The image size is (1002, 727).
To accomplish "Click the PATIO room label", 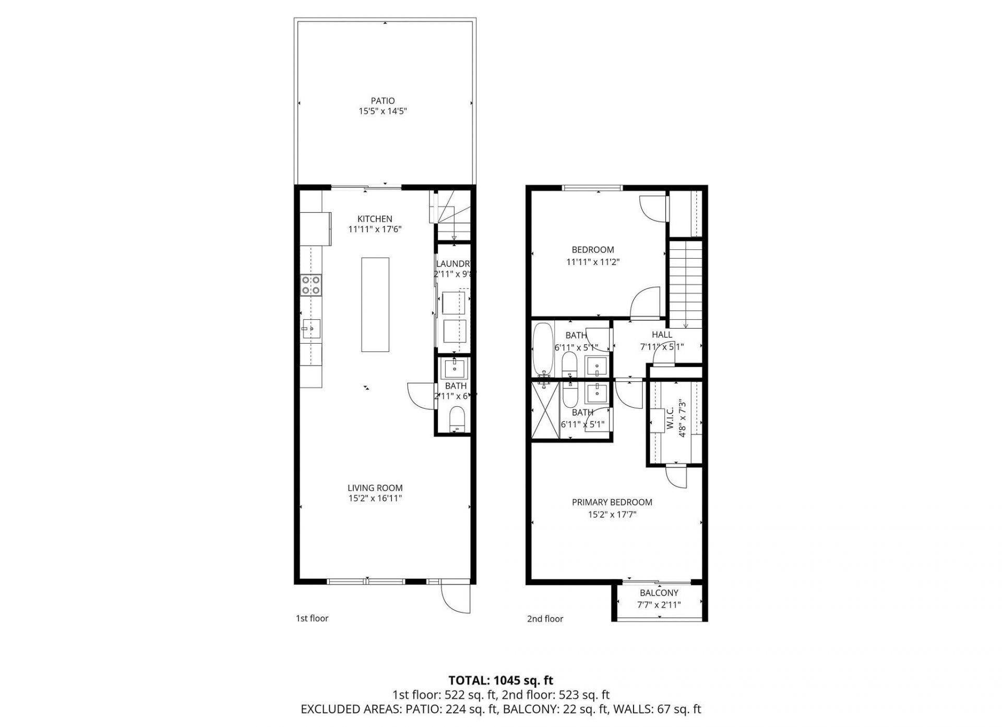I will [383, 101].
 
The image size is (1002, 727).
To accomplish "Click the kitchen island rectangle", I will [375, 305].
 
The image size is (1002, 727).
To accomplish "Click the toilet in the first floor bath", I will [457, 419].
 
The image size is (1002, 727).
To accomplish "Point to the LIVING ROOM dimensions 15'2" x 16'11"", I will [375, 499].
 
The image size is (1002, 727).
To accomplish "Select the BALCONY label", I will [659, 593].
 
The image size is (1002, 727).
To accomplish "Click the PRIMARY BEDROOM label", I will [612, 502].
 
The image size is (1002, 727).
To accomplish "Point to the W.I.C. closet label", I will [670, 418].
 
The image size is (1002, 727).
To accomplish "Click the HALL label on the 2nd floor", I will [662, 335].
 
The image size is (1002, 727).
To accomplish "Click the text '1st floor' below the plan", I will [312, 619].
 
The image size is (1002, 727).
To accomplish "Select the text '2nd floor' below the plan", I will [545, 619].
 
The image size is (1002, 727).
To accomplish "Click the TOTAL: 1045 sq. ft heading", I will [500, 680].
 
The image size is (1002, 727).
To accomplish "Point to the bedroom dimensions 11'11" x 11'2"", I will [592, 262].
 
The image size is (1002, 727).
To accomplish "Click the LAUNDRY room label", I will [454, 264].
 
